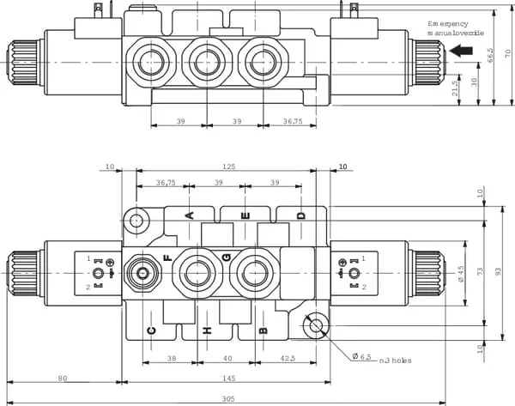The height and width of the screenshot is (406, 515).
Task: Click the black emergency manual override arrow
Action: pos(461,51)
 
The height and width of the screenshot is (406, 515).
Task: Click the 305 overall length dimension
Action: pos(228,399)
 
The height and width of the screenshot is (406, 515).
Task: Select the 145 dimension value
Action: pos(228,378)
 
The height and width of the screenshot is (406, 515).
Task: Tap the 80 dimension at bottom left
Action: pos(63,378)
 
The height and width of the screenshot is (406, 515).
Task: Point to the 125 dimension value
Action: pos(228,167)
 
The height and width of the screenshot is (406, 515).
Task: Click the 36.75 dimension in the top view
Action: pos(293,121)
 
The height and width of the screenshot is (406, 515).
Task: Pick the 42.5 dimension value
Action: pos(288,359)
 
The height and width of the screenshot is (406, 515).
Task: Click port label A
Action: pos(189,215)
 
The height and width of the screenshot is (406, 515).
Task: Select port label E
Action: pos(245,215)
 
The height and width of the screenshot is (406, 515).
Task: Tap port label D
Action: pos(301,215)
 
